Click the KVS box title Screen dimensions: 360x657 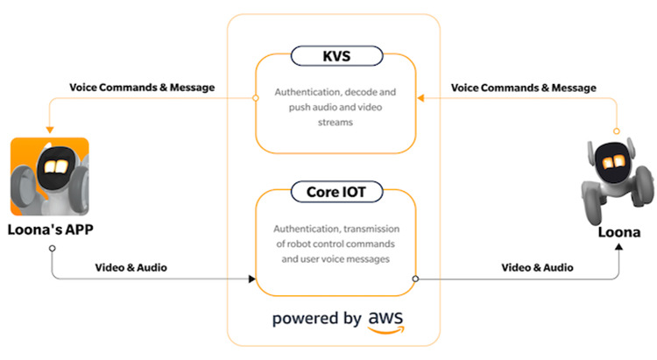(335, 59)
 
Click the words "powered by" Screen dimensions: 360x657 (317, 317)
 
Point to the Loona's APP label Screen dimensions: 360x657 (50, 230)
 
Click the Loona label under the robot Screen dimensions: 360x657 (609, 234)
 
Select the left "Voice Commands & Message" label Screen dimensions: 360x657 (141, 88)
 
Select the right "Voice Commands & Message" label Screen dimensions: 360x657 (523, 88)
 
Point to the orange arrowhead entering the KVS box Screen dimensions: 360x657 (420, 98)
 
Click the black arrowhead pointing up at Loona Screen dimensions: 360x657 (620, 249)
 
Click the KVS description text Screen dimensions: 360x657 (335, 106)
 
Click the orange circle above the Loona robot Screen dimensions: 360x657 (617, 131)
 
